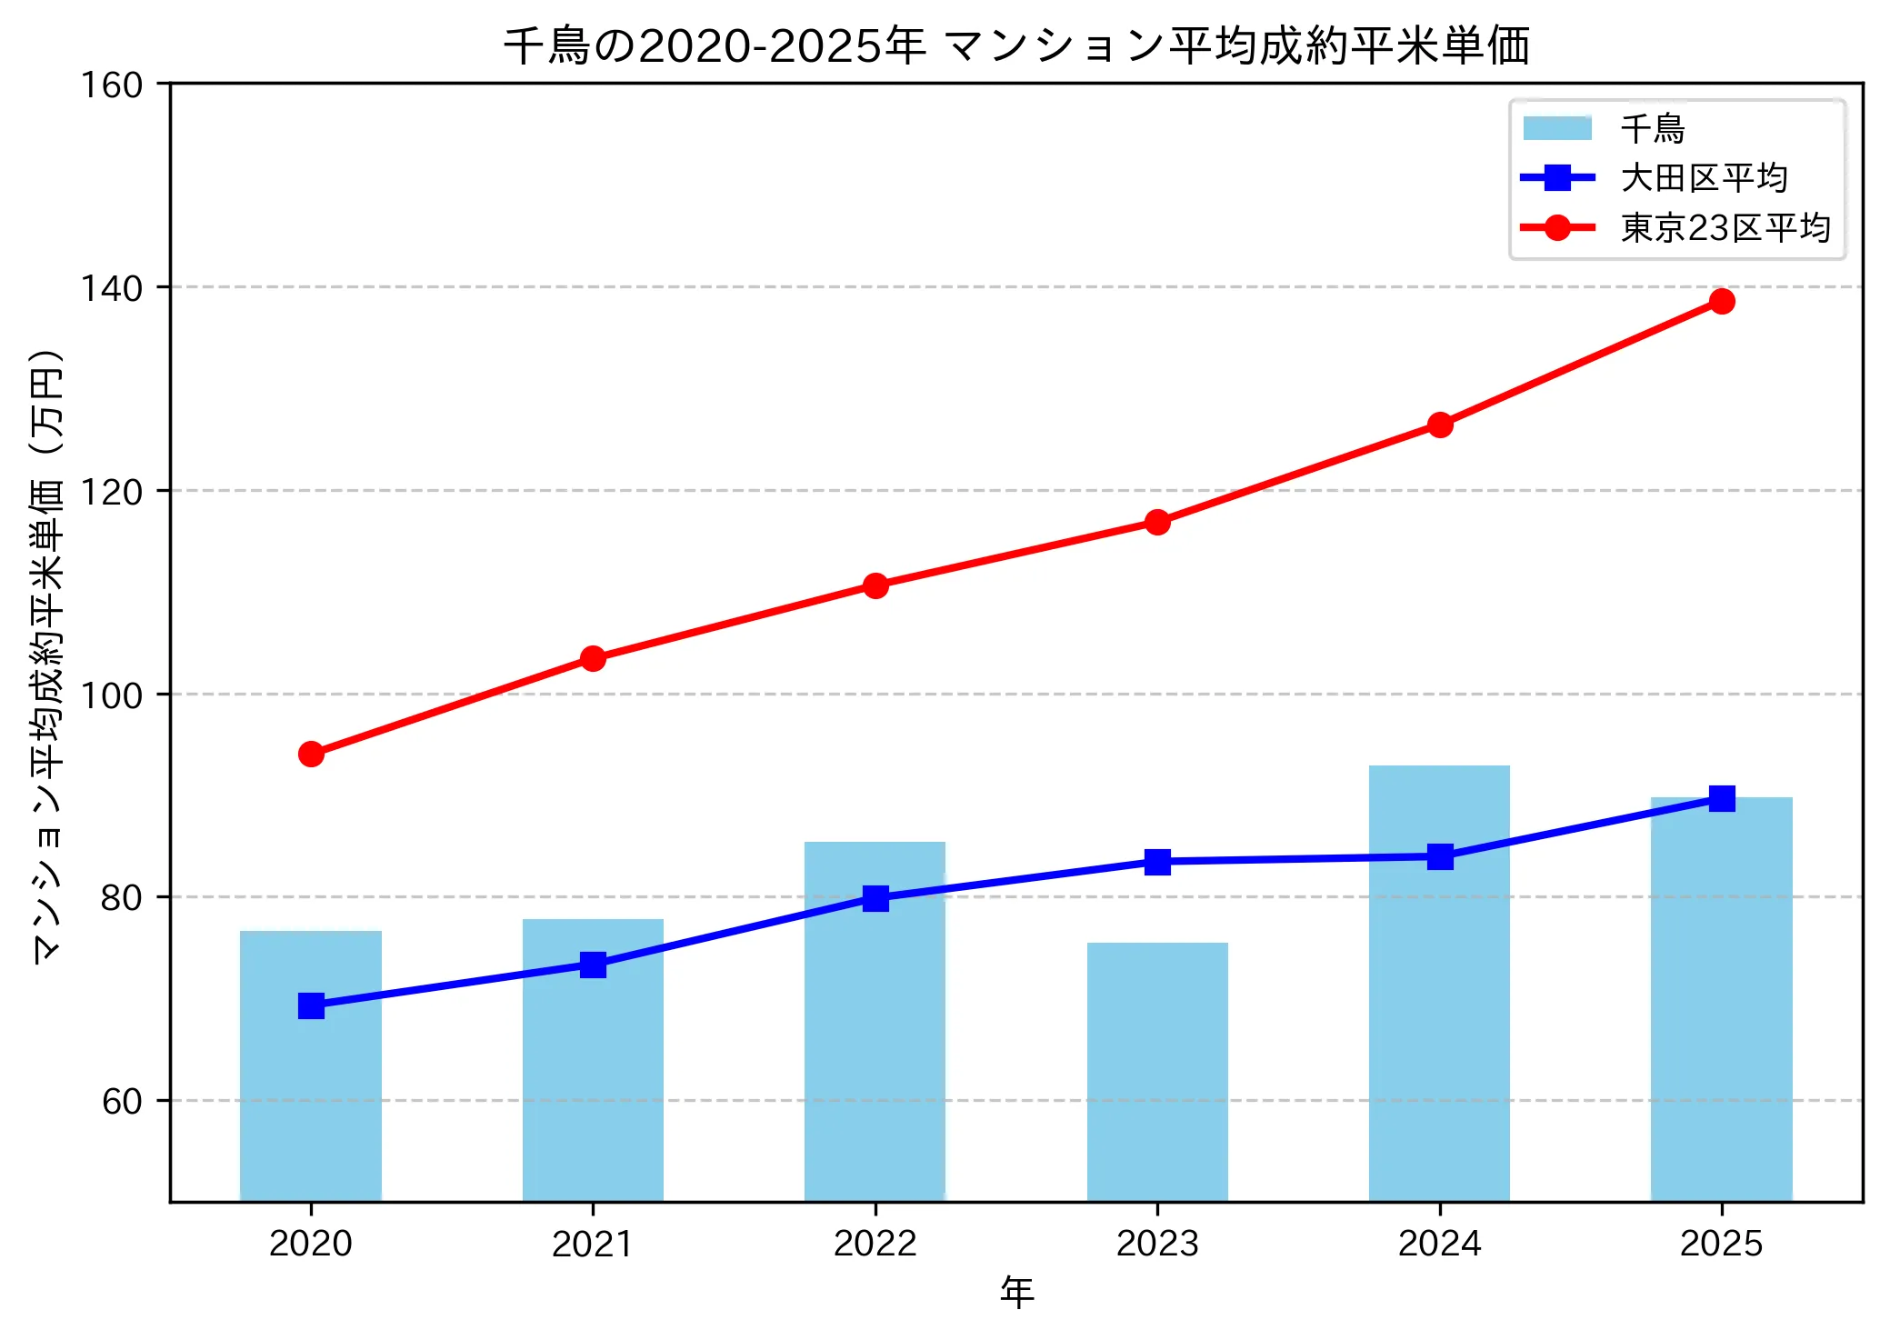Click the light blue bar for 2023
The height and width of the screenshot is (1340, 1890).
[1157, 1073]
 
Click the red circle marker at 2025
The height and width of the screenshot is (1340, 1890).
[1722, 301]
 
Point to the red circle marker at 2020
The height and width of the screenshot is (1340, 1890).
[311, 754]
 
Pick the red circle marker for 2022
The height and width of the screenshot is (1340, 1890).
[875, 585]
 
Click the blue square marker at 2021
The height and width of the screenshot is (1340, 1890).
[593, 965]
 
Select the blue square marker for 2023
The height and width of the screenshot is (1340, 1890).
[1157, 861]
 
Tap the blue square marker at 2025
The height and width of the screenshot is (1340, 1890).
[1722, 798]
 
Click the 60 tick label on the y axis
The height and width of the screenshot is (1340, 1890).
[122, 1101]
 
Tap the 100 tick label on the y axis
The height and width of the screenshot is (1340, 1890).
[111, 695]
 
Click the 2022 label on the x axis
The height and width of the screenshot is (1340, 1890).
[875, 1243]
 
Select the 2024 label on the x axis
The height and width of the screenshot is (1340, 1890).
[1439, 1243]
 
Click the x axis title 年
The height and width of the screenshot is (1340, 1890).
[1016, 1292]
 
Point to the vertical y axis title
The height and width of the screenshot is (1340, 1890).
[47, 655]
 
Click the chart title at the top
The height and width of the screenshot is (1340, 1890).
[1016, 45]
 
